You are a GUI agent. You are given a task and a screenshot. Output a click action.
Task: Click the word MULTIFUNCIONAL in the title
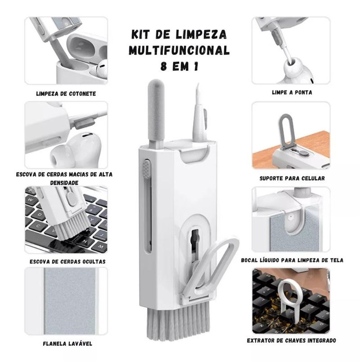click(x=179, y=50)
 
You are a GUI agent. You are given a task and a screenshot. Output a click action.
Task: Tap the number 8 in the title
click(x=164, y=67)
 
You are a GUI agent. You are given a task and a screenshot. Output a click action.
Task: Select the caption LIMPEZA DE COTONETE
click(x=66, y=94)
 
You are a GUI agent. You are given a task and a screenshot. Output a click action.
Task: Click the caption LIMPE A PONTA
click(x=292, y=93)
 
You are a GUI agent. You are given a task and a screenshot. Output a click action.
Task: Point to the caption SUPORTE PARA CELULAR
click(x=292, y=178)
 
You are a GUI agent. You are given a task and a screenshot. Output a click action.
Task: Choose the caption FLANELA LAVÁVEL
click(x=67, y=344)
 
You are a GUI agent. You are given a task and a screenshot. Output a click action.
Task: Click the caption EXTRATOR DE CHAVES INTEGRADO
click(x=292, y=340)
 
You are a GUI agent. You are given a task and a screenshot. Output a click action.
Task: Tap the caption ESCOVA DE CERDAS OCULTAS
click(x=67, y=262)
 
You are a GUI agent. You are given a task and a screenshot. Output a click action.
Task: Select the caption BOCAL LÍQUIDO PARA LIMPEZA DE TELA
click(x=292, y=260)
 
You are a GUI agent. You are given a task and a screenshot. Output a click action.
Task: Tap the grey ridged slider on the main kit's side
click(x=147, y=168)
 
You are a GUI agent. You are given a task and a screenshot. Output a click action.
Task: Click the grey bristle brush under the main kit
click(x=178, y=322)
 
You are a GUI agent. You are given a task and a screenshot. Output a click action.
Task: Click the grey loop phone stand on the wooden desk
click(x=287, y=131)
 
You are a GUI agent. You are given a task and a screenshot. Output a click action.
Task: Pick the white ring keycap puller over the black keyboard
click(x=290, y=298)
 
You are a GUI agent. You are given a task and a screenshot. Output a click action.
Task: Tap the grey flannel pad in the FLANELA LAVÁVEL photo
click(x=70, y=301)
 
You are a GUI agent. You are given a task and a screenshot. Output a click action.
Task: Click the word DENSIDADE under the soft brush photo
click(x=64, y=183)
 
